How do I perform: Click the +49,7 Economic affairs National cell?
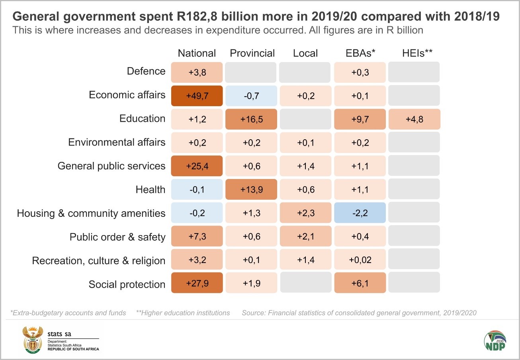point(197,96)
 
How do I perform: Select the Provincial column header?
point(252,53)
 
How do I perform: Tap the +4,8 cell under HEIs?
point(414,119)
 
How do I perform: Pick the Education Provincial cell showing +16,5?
point(251,119)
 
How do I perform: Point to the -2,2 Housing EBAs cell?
point(360,213)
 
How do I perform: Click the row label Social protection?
point(127,284)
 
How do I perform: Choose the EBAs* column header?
point(360,53)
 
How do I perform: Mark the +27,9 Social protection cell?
point(197,283)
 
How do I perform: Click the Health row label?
point(150,190)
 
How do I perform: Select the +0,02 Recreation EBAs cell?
point(360,260)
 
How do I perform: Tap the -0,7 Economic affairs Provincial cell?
point(251,96)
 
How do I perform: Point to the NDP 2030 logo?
point(495,341)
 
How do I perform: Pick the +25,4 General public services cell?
point(197,166)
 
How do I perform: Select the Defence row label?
point(146,72)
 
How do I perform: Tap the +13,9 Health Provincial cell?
point(251,190)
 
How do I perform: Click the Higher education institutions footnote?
point(183,313)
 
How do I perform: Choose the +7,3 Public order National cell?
point(197,237)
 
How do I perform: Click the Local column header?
point(305,53)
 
